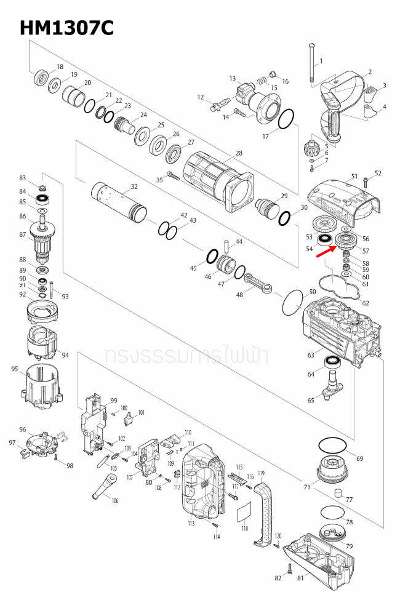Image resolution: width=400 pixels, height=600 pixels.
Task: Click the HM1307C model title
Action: coord(66,28)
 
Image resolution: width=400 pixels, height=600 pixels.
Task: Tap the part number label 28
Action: coord(238,153)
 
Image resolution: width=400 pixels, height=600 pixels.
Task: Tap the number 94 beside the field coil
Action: coord(65,355)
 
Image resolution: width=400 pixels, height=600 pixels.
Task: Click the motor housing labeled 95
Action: coord(43,388)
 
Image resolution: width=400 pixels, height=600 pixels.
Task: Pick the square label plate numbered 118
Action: coord(245,511)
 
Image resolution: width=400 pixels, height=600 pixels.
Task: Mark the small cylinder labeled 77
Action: coord(337,493)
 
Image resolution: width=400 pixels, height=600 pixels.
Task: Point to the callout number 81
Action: coord(300,578)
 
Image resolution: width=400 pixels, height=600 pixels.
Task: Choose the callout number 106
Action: coord(115,500)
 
